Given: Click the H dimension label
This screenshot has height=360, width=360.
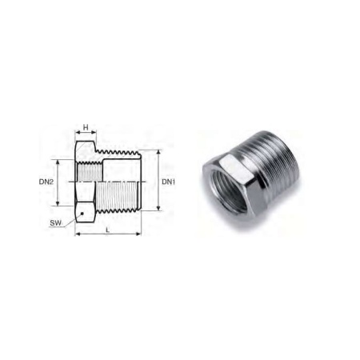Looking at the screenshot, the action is [x=86, y=127].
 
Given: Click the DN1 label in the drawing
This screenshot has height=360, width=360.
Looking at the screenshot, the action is [x=169, y=182].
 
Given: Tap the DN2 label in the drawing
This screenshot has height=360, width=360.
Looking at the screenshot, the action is [x=46, y=182].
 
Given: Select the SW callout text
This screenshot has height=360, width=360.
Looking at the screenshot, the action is [x=55, y=223].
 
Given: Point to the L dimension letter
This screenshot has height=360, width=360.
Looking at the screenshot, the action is [x=108, y=230].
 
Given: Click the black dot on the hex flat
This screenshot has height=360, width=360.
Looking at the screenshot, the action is [x=82, y=214].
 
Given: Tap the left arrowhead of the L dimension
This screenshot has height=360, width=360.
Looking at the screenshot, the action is [x=78, y=234].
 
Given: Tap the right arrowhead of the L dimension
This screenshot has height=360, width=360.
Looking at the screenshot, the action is [x=138, y=234].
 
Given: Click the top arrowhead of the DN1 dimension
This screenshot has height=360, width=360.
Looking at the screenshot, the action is [x=158, y=152].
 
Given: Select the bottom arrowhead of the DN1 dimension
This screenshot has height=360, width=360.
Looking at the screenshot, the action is [x=158, y=208].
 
